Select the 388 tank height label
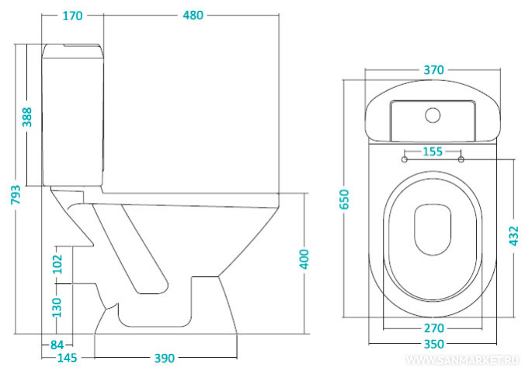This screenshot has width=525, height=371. coord(27,117)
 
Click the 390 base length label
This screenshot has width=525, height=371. coord(163,358)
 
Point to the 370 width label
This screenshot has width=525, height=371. coord(433,70)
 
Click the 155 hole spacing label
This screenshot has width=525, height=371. coord(433,152)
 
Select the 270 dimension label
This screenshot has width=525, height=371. coord(433,327)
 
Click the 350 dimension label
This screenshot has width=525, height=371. coord(433,343)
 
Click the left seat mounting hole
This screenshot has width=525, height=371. coord(405,159)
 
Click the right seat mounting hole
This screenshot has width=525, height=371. coord(461,159)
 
